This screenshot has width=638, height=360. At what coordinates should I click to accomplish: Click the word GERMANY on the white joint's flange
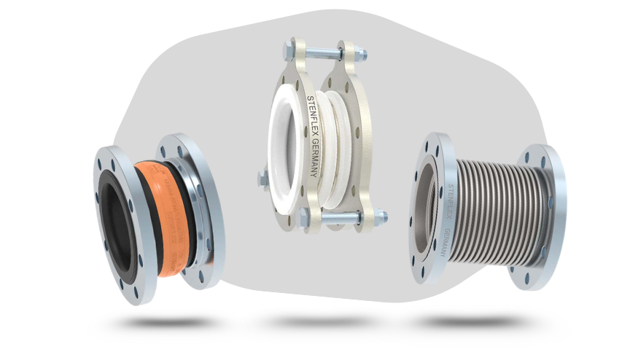click(x=314, y=160)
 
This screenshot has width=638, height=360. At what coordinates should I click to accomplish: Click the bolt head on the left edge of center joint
click(x=262, y=176)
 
